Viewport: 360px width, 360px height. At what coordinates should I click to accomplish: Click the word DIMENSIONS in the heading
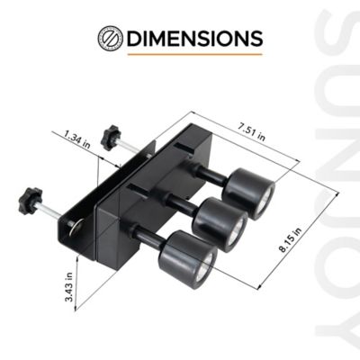pos(195,39)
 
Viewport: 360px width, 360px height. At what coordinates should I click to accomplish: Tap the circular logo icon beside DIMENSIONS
pos(110,39)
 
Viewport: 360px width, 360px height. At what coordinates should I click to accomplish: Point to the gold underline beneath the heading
pos(194,55)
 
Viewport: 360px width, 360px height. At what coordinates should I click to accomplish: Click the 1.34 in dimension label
pos(77,139)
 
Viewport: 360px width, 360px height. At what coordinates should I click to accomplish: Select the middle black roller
pos(220,221)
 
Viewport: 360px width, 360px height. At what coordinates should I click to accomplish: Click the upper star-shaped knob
pos(112,138)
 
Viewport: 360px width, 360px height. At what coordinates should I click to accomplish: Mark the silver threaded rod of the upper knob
pos(130,147)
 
